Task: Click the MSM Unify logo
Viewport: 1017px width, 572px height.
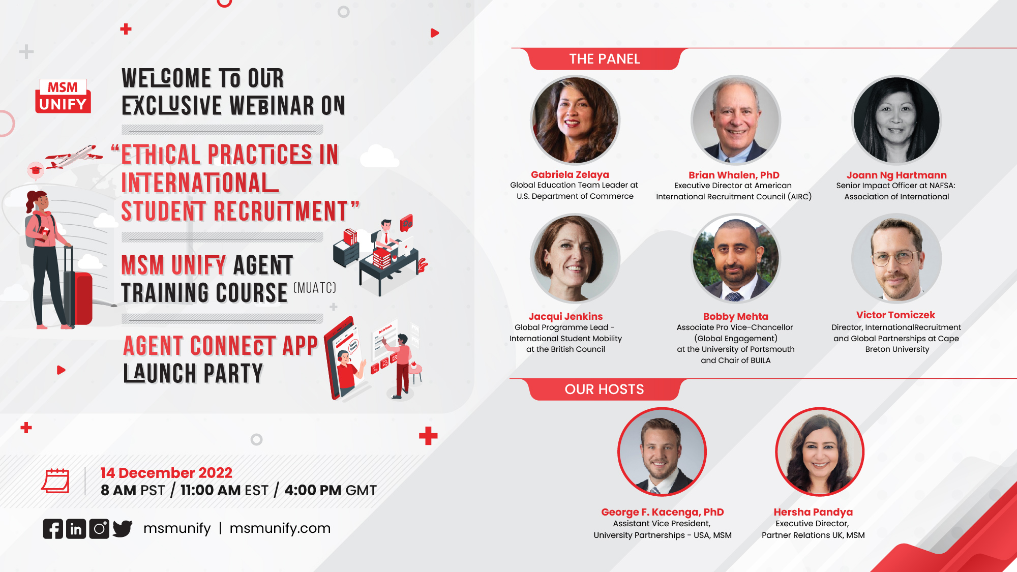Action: pyautogui.click(x=63, y=96)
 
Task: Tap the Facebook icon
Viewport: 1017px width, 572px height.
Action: pyautogui.click(x=53, y=529)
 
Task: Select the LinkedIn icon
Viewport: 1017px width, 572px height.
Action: pyautogui.click(x=76, y=529)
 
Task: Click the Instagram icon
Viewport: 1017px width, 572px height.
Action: pyautogui.click(x=99, y=529)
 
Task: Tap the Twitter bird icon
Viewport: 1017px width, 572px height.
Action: pyautogui.click(x=123, y=529)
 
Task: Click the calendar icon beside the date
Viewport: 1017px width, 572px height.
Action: pyautogui.click(x=55, y=480)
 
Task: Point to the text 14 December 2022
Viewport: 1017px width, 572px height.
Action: pyautogui.click(x=166, y=473)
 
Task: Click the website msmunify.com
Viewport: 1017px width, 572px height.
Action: pyautogui.click(x=280, y=528)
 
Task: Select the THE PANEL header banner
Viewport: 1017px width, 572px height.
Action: pyautogui.click(x=604, y=59)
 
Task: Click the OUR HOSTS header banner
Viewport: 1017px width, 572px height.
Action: pyautogui.click(x=604, y=389)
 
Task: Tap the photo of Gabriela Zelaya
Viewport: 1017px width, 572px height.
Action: pyautogui.click(x=575, y=121)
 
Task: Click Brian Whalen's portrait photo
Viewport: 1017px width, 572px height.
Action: pyautogui.click(x=736, y=121)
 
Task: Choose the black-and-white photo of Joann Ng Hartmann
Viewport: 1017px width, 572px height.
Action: pyautogui.click(x=896, y=121)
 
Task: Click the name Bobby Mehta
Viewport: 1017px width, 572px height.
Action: pyautogui.click(x=736, y=316)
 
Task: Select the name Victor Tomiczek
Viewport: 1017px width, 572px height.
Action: pyautogui.click(x=896, y=315)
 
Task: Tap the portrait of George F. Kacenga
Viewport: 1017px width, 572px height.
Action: pyautogui.click(x=662, y=452)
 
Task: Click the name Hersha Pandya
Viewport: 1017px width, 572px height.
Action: pyautogui.click(x=813, y=512)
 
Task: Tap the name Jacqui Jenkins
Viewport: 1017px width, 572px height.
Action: pyautogui.click(x=565, y=316)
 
